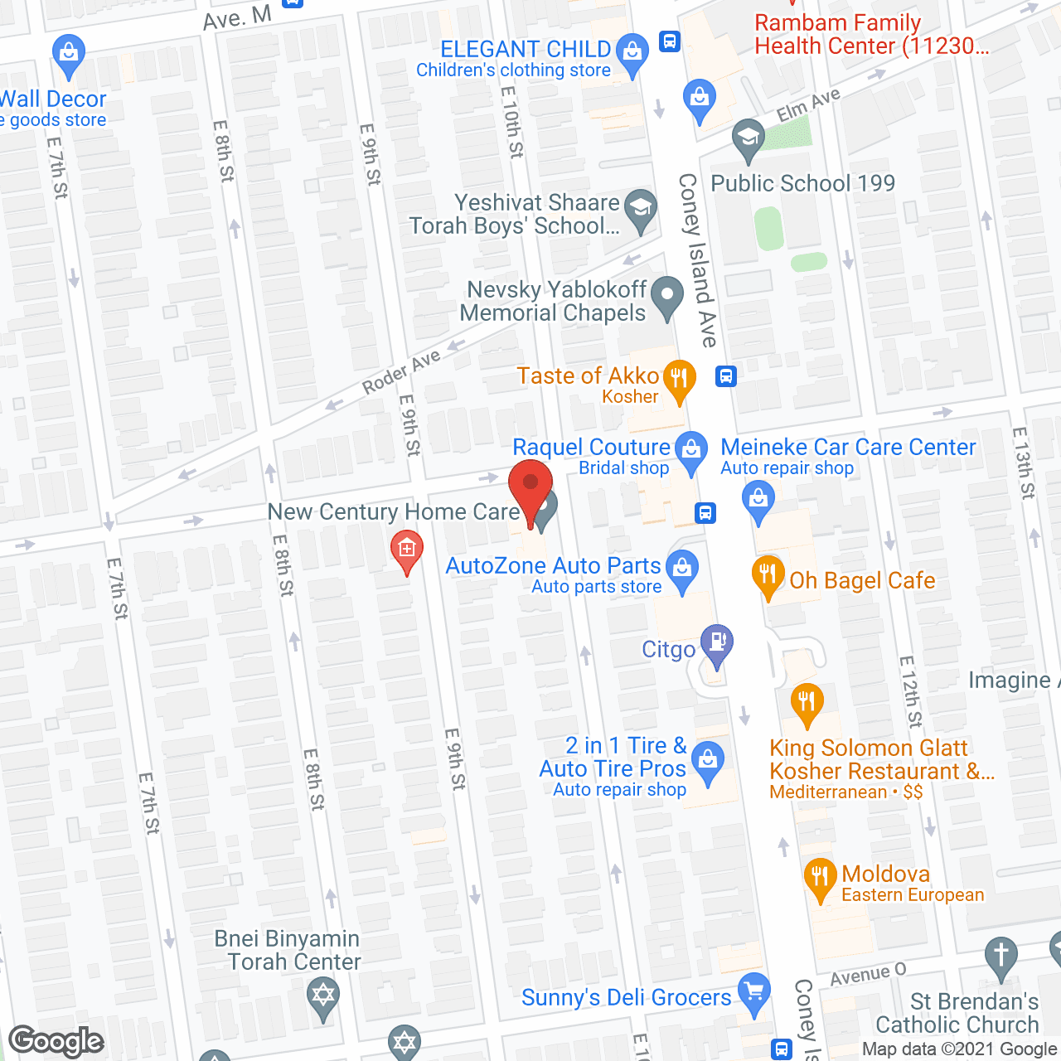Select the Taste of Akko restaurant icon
pyautogui.click(x=679, y=380)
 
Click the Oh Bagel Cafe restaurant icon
pyautogui.click(x=768, y=574)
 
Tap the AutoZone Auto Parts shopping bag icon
pyautogui.click(x=682, y=569)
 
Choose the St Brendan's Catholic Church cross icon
pyautogui.click(x=1001, y=955)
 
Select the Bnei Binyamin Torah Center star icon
pyautogui.click(x=322, y=996)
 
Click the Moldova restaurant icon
pyautogui.click(x=820, y=877)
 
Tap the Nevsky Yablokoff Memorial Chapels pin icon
pyautogui.click(x=666, y=296)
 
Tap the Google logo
pyautogui.click(x=56, y=1041)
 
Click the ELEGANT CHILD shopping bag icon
pyautogui.click(x=633, y=52)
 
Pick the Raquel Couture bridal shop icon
pyautogui.click(x=690, y=451)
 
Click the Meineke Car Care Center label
pyautogui.click(x=848, y=447)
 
